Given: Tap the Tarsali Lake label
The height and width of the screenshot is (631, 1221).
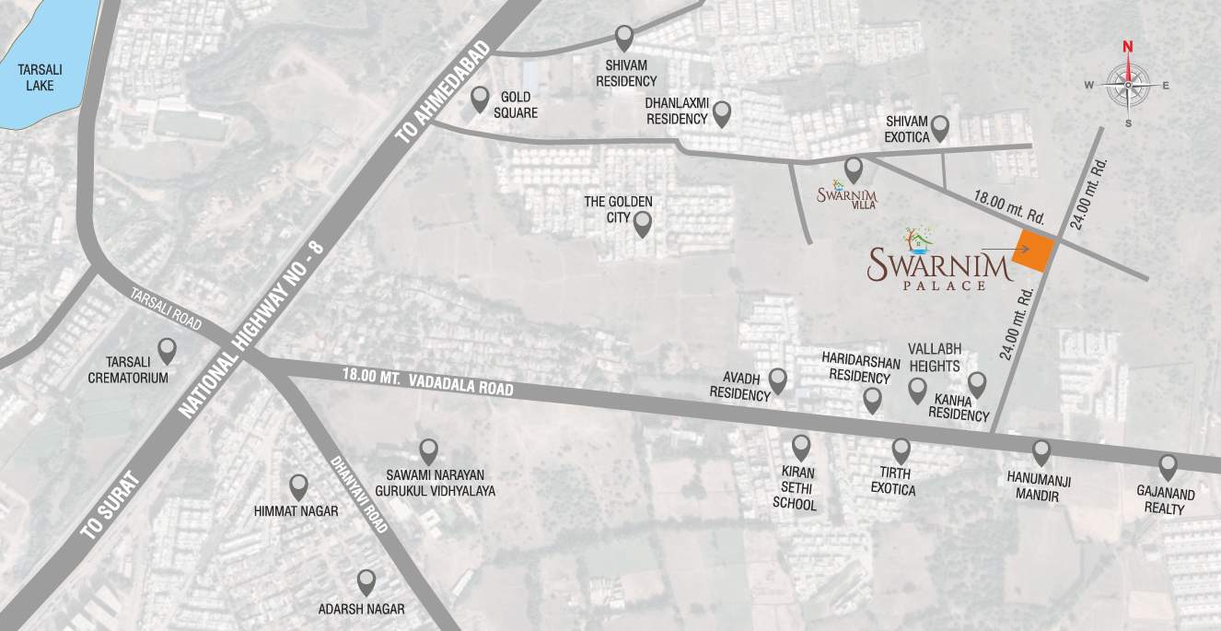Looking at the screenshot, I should [x=40, y=77].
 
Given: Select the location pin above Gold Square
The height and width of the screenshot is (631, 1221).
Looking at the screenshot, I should [x=480, y=99].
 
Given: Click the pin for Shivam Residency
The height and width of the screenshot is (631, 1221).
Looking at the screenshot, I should [x=625, y=38].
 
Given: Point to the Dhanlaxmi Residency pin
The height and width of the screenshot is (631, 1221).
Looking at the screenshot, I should [x=722, y=113].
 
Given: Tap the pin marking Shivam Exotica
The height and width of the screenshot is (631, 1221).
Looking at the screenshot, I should [x=939, y=127].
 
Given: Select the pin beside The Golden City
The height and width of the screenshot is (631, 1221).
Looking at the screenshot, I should [x=643, y=223].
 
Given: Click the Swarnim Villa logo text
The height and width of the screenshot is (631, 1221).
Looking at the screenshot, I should [x=847, y=196].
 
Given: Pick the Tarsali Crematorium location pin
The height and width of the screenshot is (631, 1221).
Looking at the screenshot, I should [x=167, y=350].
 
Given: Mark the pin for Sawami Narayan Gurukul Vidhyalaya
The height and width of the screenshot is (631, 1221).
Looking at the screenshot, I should [x=428, y=450].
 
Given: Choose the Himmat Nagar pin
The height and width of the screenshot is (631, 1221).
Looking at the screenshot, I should [x=298, y=486].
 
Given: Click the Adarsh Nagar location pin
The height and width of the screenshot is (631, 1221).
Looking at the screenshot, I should [x=366, y=582].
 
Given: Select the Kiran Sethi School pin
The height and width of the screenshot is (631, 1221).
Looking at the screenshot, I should [x=801, y=448].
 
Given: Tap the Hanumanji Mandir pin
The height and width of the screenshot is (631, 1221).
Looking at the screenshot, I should [x=1041, y=452].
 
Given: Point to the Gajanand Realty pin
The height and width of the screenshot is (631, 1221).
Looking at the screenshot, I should [x=1169, y=466].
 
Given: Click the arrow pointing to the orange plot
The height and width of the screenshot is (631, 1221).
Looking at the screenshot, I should [x=1006, y=249].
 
